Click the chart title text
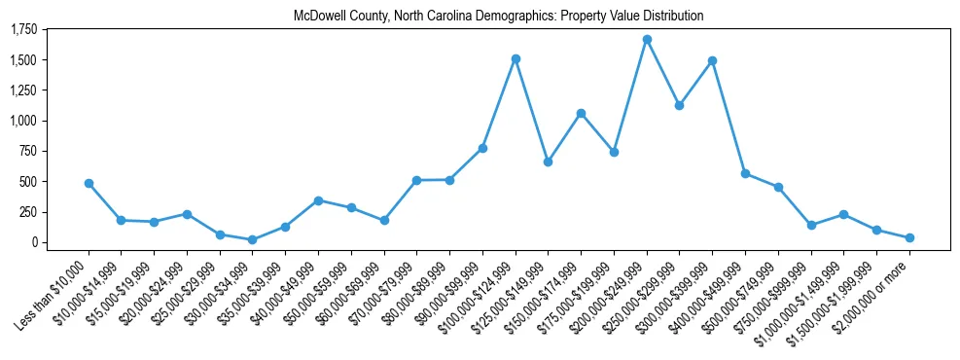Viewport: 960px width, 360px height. (x=498, y=17)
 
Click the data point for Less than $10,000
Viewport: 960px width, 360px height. (x=89, y=183)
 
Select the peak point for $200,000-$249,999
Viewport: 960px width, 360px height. (x=647, y=39)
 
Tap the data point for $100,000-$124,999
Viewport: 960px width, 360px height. (x=516, y=58)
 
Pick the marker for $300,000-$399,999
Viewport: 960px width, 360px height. (x=713, y=60)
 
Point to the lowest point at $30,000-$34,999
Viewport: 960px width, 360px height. (x=252, y=239)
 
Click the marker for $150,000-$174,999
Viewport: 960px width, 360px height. (x=581, y=113)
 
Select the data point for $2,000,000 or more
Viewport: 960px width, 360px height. (x=909, y=237)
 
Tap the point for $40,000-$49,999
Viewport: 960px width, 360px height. (x=318, y=200)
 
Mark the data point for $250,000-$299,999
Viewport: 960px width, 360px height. (x=680, y=105)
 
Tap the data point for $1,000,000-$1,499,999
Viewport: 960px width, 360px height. (x=844, y=214)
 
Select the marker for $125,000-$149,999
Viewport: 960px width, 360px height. (x=548, y=162)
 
